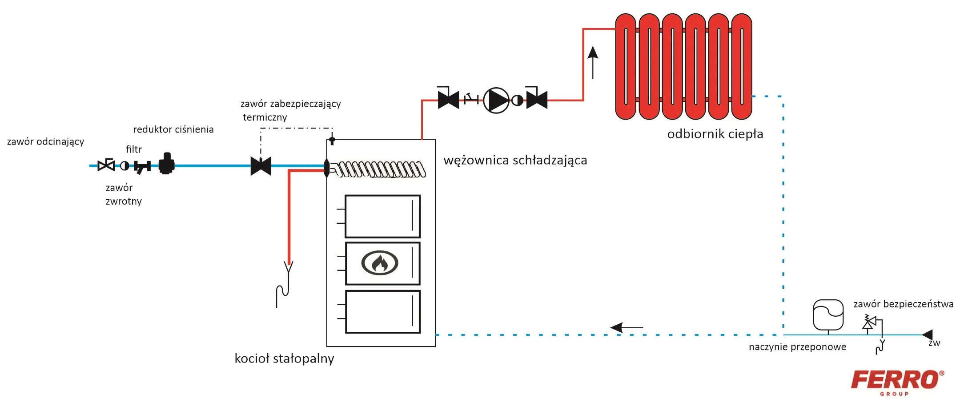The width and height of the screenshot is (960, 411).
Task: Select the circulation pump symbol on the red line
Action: pos(496,100)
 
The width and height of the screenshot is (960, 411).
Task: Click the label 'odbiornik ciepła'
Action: pos(715,134)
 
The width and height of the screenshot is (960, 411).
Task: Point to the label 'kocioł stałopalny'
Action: pos(284,359)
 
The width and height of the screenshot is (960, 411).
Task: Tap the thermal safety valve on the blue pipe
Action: pos(261,166)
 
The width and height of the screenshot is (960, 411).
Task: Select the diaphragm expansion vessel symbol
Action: pos(828,316)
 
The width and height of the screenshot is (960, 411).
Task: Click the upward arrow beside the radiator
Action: pos(593,63)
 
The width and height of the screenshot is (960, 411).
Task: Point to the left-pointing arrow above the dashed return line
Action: pos(627,328)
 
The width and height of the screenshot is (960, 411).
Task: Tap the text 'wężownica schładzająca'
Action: pos(515,160)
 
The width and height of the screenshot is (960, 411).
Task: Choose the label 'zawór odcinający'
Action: pos(45,142)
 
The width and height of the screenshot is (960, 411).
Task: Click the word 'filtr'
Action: pos(134,149)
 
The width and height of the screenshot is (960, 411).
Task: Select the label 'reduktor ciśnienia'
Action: pos(173,129)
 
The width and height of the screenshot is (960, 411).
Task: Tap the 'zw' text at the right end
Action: pos(934,343)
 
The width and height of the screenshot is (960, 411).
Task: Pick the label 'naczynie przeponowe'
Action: pos(797,347)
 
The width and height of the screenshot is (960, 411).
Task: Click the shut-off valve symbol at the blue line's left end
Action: pos(106,165)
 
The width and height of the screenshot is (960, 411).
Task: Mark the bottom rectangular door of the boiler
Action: pos(383,312)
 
